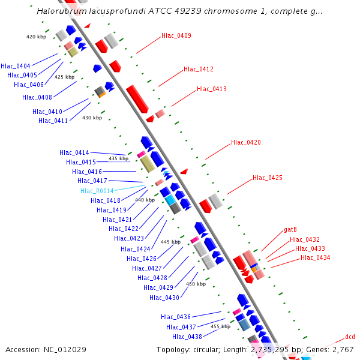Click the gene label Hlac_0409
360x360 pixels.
point(176,36)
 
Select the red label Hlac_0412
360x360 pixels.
point(199,70)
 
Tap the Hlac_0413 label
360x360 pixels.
point(212,89)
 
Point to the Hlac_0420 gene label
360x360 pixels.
point(246,143)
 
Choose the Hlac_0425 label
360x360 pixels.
point(268,178)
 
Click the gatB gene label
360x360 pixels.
point(290,230)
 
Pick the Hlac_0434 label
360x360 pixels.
point(316,258)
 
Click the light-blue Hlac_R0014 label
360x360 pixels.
point(97,191)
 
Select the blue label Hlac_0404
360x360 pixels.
point(16,66)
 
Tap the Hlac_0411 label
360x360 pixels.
point(53,121)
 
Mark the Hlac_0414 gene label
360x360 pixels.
point(74,153)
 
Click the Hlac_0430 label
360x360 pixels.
point(164,298)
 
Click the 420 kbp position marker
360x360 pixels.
point(37,37)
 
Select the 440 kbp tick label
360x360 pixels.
point(145,200)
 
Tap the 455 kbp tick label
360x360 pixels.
point(221,326)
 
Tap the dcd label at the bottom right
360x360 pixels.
point(350,337)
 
